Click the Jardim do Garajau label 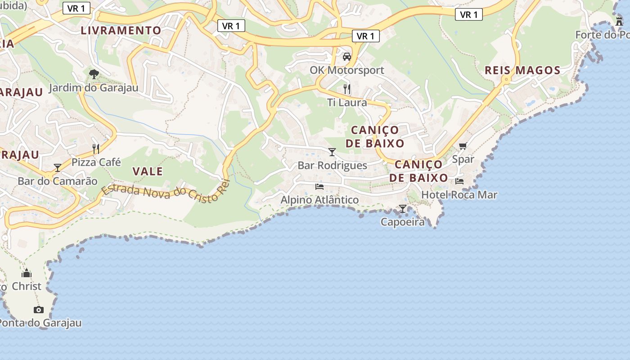[93, 88]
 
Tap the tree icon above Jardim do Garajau [94, 74]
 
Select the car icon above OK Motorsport [347, 57]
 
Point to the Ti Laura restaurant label [347, 103]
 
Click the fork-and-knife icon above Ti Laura [346, 89]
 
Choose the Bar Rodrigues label [333, 166]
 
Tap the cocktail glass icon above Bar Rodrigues [332, 152]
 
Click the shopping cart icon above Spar [463, 146]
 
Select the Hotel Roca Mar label [459, 195]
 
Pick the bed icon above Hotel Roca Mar [459, 181]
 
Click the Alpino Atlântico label [320, 200]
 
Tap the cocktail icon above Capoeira [403, 208]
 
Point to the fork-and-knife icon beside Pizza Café [96, 148]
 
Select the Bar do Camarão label [58, 181]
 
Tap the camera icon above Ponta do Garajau [39, 310]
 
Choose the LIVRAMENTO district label [121, 31]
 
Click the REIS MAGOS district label [522, 70]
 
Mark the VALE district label [148, 171]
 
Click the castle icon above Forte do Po [620, 21]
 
